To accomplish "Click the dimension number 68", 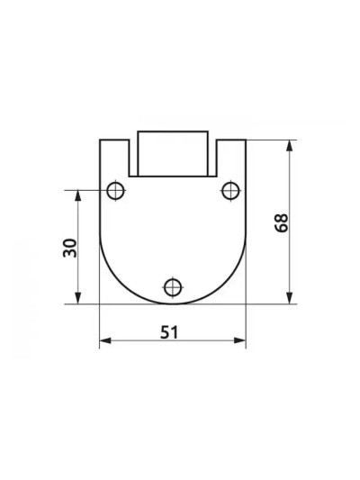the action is point(282,222).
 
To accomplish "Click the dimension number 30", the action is point(70,248).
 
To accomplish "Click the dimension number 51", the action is point(169,332).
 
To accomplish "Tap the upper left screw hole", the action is point(115,191).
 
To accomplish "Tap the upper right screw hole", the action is point(230,190).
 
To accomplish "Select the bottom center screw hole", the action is point(173,287).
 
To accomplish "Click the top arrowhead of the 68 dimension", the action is point(289,145).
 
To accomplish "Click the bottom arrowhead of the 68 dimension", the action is point(289,298).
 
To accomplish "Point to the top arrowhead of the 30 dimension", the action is point(78,195).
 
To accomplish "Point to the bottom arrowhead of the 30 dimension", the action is point(78,298).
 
